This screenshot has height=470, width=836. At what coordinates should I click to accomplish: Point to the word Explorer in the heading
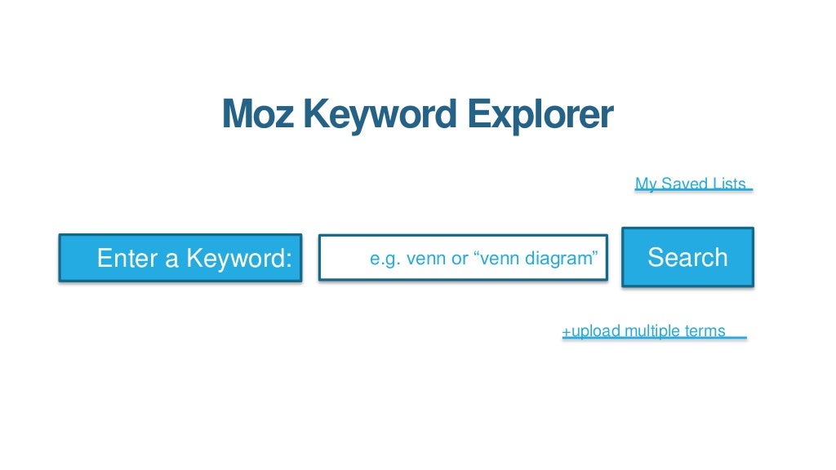pos(540,116)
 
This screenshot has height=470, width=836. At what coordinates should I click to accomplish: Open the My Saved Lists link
pos(691,184)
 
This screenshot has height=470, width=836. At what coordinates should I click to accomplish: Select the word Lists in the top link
pos(728,184)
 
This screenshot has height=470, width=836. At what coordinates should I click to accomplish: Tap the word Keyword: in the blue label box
pos(239,259)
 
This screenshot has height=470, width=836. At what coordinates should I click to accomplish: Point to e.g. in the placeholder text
pos(384,259)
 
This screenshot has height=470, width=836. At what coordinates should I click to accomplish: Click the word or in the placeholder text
pos(460,259)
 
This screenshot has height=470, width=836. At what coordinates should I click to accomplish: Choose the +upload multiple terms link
pos(643,330)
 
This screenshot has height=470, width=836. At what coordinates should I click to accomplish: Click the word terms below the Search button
pos(705,330)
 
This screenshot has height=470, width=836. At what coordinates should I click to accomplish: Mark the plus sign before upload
pos(566,331)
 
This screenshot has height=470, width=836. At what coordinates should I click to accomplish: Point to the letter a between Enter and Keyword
pos(172,259)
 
